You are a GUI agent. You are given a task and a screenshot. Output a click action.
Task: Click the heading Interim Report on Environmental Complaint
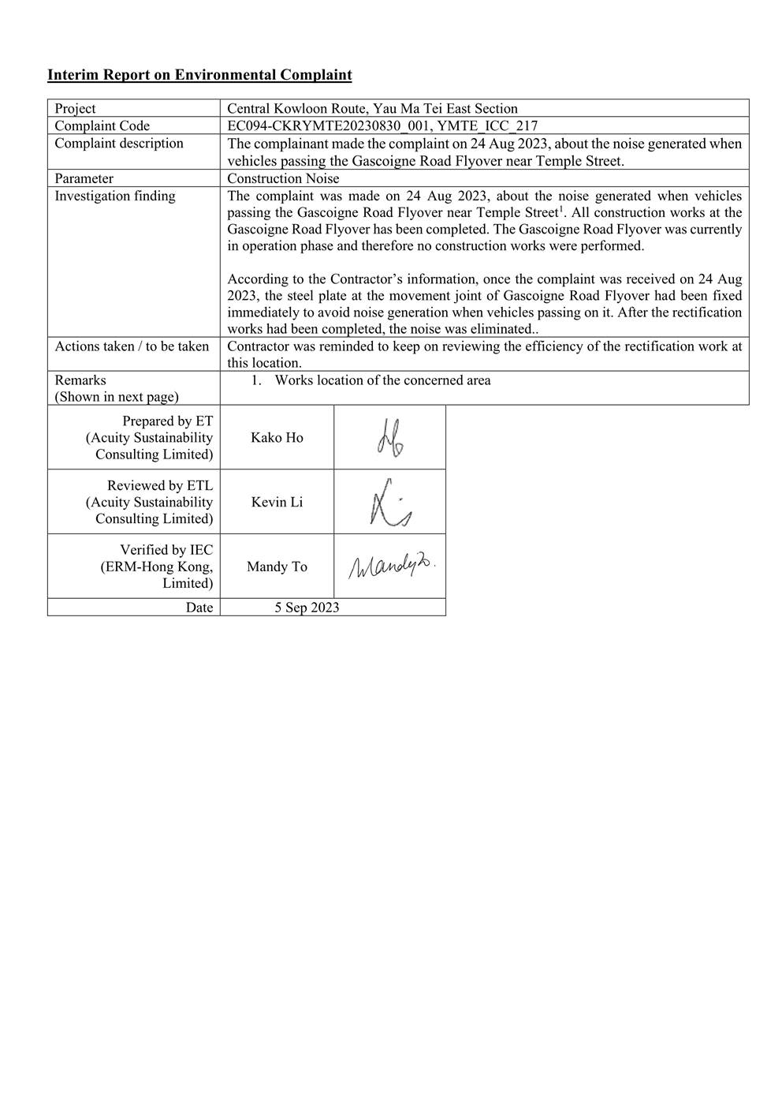click(199, 75)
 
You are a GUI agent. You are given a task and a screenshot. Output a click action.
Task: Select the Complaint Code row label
click(102, 125)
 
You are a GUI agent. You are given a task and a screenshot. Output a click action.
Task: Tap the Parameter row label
click(84, 178)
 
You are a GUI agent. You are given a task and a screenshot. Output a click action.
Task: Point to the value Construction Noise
click(283, 178)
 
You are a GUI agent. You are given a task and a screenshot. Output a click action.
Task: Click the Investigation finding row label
click(115, 196)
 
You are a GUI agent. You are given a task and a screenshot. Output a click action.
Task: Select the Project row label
click(75, 108)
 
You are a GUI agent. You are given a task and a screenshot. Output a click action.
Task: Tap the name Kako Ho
click(277, 438)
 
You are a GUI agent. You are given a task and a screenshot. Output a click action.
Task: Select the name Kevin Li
click(277, 502)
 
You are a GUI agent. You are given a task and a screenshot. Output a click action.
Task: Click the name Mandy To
click(277, 567)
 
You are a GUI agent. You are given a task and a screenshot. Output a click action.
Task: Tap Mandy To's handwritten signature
click(391, 566)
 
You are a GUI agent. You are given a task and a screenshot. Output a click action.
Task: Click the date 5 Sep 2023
click(307, 607)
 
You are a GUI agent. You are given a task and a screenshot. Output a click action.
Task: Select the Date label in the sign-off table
click(199, 607)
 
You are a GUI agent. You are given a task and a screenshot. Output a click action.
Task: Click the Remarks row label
click(80, 380)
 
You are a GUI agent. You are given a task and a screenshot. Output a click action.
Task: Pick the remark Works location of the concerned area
click(382, 380)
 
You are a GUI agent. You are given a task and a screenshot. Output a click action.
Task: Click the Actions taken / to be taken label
click(132, 346)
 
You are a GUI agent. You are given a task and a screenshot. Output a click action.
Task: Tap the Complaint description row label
click(118, 143)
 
